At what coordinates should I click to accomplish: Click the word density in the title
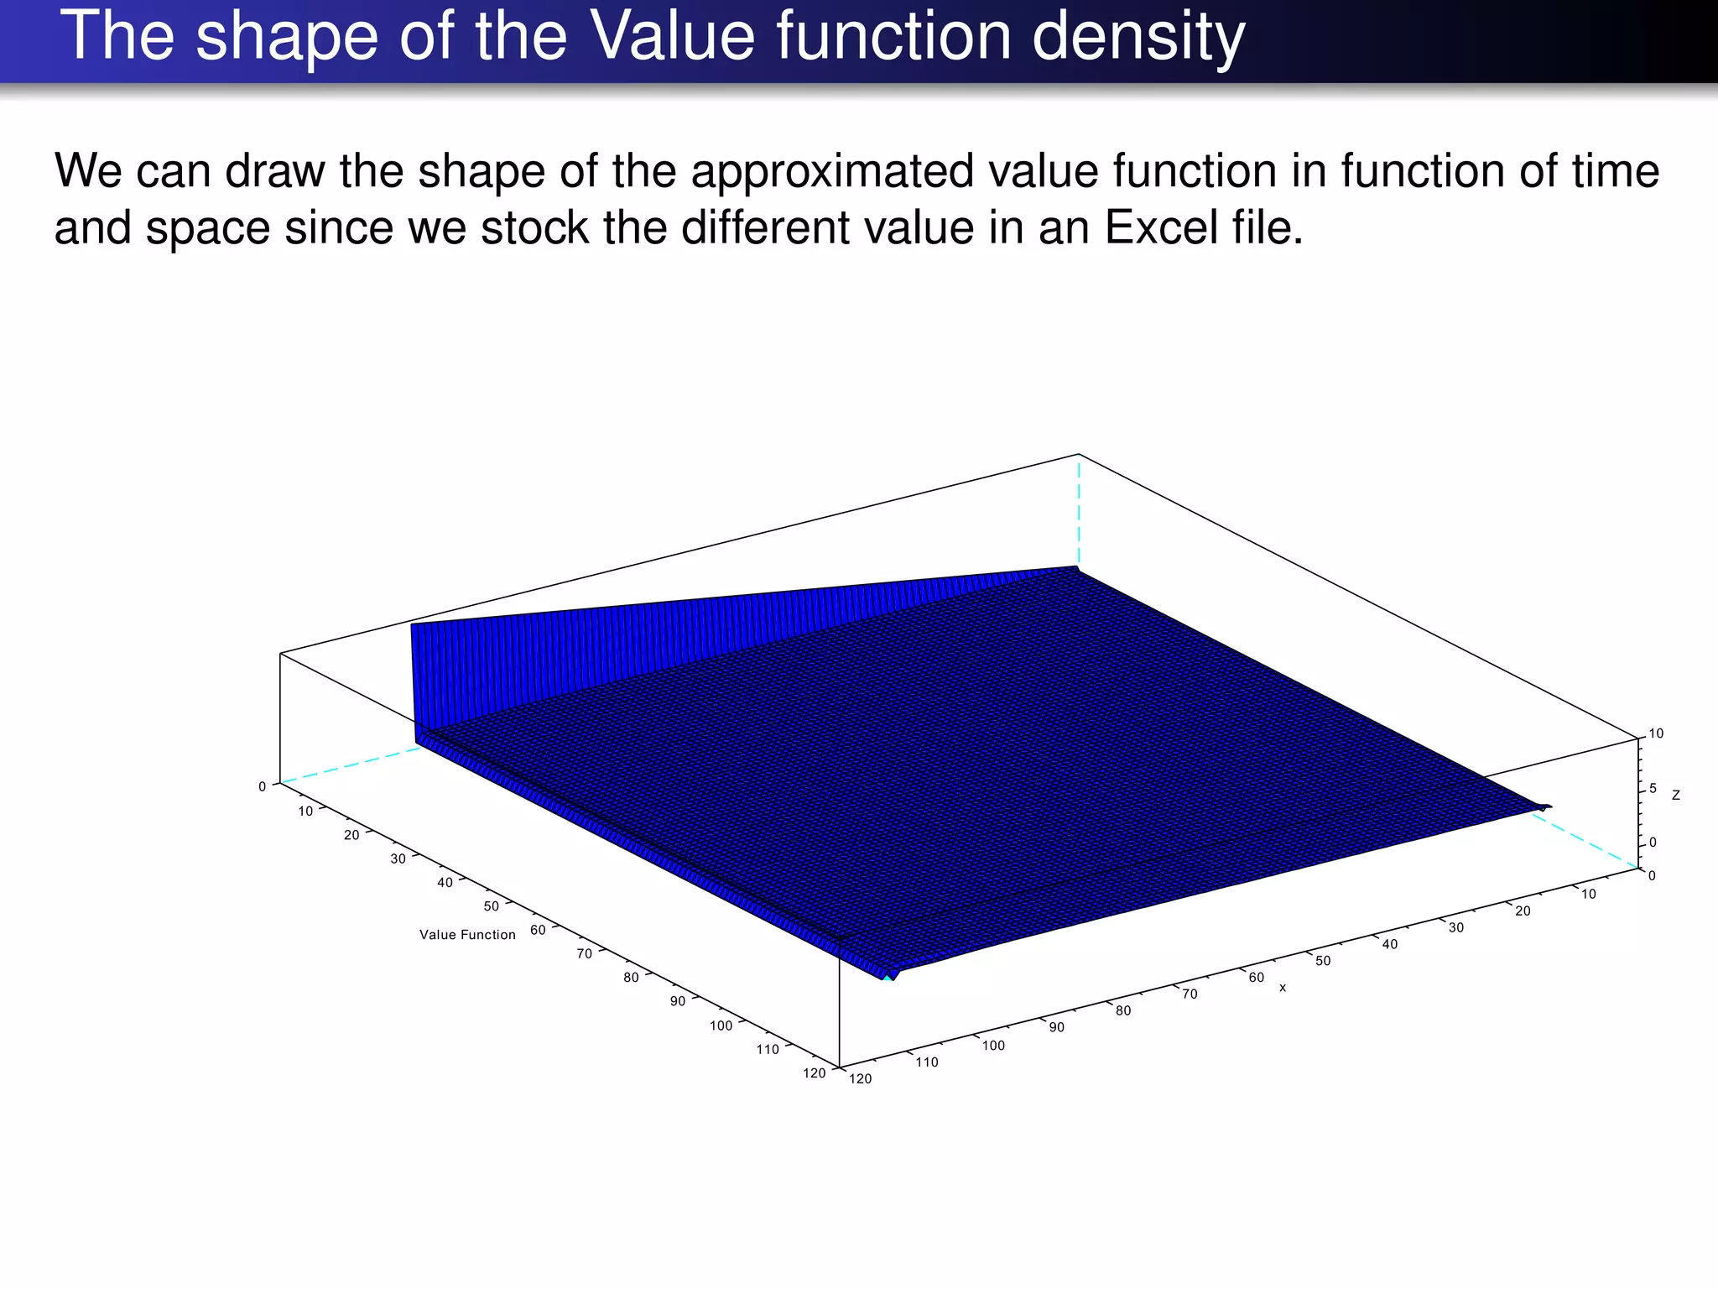pos(1138,38)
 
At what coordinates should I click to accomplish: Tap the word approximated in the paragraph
pos(830,171)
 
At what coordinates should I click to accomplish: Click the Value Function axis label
pos(467,935)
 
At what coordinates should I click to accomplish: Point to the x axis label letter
pos(1282,989)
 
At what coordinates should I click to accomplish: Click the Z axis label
pos(1675,795)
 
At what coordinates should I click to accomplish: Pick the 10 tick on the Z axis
pos(1656,733)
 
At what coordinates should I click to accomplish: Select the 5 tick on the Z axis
pos(1653,788)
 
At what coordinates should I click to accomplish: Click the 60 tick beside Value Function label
pos(538,930)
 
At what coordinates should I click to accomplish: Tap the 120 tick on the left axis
pos(814,1072)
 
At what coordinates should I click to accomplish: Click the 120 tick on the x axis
pos(861,1079)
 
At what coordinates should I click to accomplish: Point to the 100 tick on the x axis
pos(993,1046)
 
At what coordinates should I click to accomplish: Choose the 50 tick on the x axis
pos(1323,961)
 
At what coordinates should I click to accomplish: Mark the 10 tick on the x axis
pos(1589,895)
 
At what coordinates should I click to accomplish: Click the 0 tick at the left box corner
pos(262,786)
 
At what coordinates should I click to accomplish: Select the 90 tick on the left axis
pos(677,1001)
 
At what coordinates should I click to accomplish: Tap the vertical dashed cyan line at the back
pos(1078,512)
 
